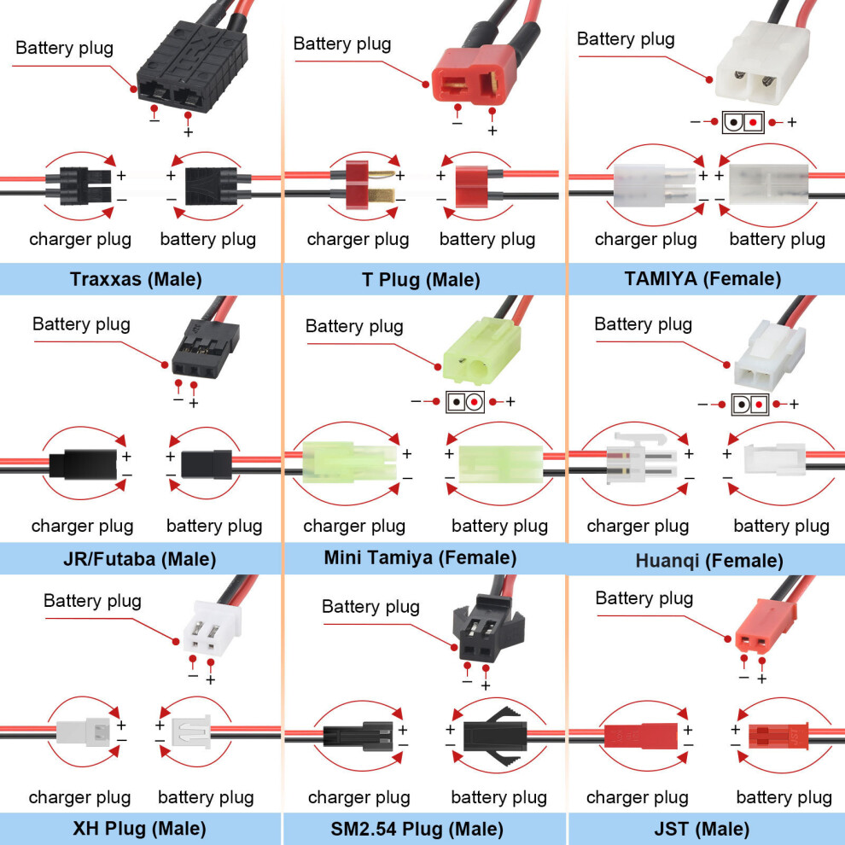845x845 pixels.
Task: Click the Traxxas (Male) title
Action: (x=136, y=279)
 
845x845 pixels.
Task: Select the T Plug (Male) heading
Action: (x=421, y=280)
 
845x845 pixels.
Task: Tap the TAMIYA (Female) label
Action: (x=702, y=278)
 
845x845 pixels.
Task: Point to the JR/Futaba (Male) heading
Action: (x=140, y=559)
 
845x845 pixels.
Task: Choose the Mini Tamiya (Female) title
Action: (x=420, y=557)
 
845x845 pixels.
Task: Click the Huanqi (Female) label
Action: (x=709, y=561)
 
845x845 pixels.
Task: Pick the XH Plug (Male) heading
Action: (x=140, y=828)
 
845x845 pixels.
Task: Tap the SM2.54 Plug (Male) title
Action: (x=417, y=829)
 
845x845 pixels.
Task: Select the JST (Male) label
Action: (x=702, y=829)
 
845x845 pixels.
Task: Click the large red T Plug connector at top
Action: (x=475, y=74)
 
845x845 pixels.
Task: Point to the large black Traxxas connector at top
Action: (x=192, y=66)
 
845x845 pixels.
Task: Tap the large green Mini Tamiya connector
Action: (x=482, y=350)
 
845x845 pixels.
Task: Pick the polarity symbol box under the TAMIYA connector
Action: (x=743, y=122)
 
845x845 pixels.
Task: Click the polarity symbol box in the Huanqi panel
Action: (x=750, y=405)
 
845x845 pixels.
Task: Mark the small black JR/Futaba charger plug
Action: (x=83, y=464)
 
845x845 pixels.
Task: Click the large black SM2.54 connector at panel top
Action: (x=488, y=628)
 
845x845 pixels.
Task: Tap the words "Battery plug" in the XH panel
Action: (x=93, y=601)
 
